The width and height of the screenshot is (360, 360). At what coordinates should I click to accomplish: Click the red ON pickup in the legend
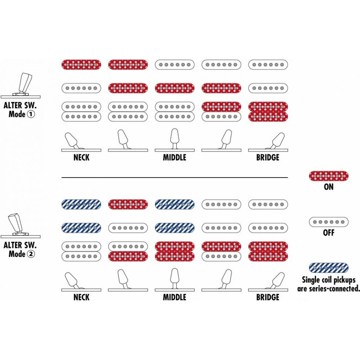coord(329,176)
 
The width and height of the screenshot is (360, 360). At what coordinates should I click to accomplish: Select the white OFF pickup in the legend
coord(329,222)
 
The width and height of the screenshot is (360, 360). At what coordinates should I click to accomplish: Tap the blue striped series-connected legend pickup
coord(329,268)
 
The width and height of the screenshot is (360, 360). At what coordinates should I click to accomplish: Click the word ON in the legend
coord(329,187)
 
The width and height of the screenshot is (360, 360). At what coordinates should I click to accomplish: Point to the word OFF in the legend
coord(329,233)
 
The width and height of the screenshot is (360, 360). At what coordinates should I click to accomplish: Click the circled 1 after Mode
coord(31,114)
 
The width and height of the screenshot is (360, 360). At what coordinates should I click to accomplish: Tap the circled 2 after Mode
coord(31,254)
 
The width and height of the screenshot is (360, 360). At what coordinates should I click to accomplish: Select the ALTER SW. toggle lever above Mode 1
coord(24,83)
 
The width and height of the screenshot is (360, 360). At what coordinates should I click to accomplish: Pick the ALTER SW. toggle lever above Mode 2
coord(16,223)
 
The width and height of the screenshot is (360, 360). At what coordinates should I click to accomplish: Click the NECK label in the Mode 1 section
coord(81,158)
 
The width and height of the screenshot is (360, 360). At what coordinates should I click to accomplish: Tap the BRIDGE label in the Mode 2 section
coord(268,297)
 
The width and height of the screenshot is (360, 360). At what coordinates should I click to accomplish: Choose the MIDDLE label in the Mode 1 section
coord(175,158)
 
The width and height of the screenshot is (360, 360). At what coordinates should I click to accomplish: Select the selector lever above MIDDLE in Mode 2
coord(175,278)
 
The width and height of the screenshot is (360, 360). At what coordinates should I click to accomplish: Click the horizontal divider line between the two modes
coord(175,178)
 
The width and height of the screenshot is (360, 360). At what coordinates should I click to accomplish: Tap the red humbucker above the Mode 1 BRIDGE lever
coord(268,112)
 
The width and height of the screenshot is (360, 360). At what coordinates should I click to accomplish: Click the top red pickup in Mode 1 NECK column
coord(81,65)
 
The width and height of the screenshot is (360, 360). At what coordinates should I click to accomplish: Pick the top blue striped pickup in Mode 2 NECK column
coord(81,204)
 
